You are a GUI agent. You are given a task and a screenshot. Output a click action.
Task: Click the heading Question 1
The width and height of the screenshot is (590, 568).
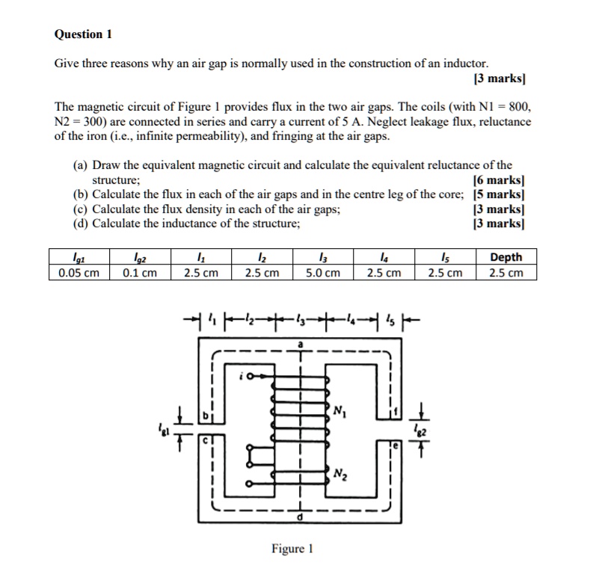coord(83,34)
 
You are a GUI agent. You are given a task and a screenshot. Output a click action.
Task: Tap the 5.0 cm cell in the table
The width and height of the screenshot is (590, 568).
coord(324,273)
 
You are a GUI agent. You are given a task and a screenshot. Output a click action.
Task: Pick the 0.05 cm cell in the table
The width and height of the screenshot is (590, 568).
coord(79,273)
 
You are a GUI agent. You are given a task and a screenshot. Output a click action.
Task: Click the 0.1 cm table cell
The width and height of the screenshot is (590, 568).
coord(140,273)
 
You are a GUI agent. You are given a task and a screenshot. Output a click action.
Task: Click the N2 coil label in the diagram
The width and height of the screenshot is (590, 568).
coord(340,473)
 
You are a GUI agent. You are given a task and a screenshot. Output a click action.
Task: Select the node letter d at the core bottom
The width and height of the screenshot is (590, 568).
coord(301,517)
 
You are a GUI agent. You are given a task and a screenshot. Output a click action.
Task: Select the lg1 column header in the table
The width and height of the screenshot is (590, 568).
coord(79,257)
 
